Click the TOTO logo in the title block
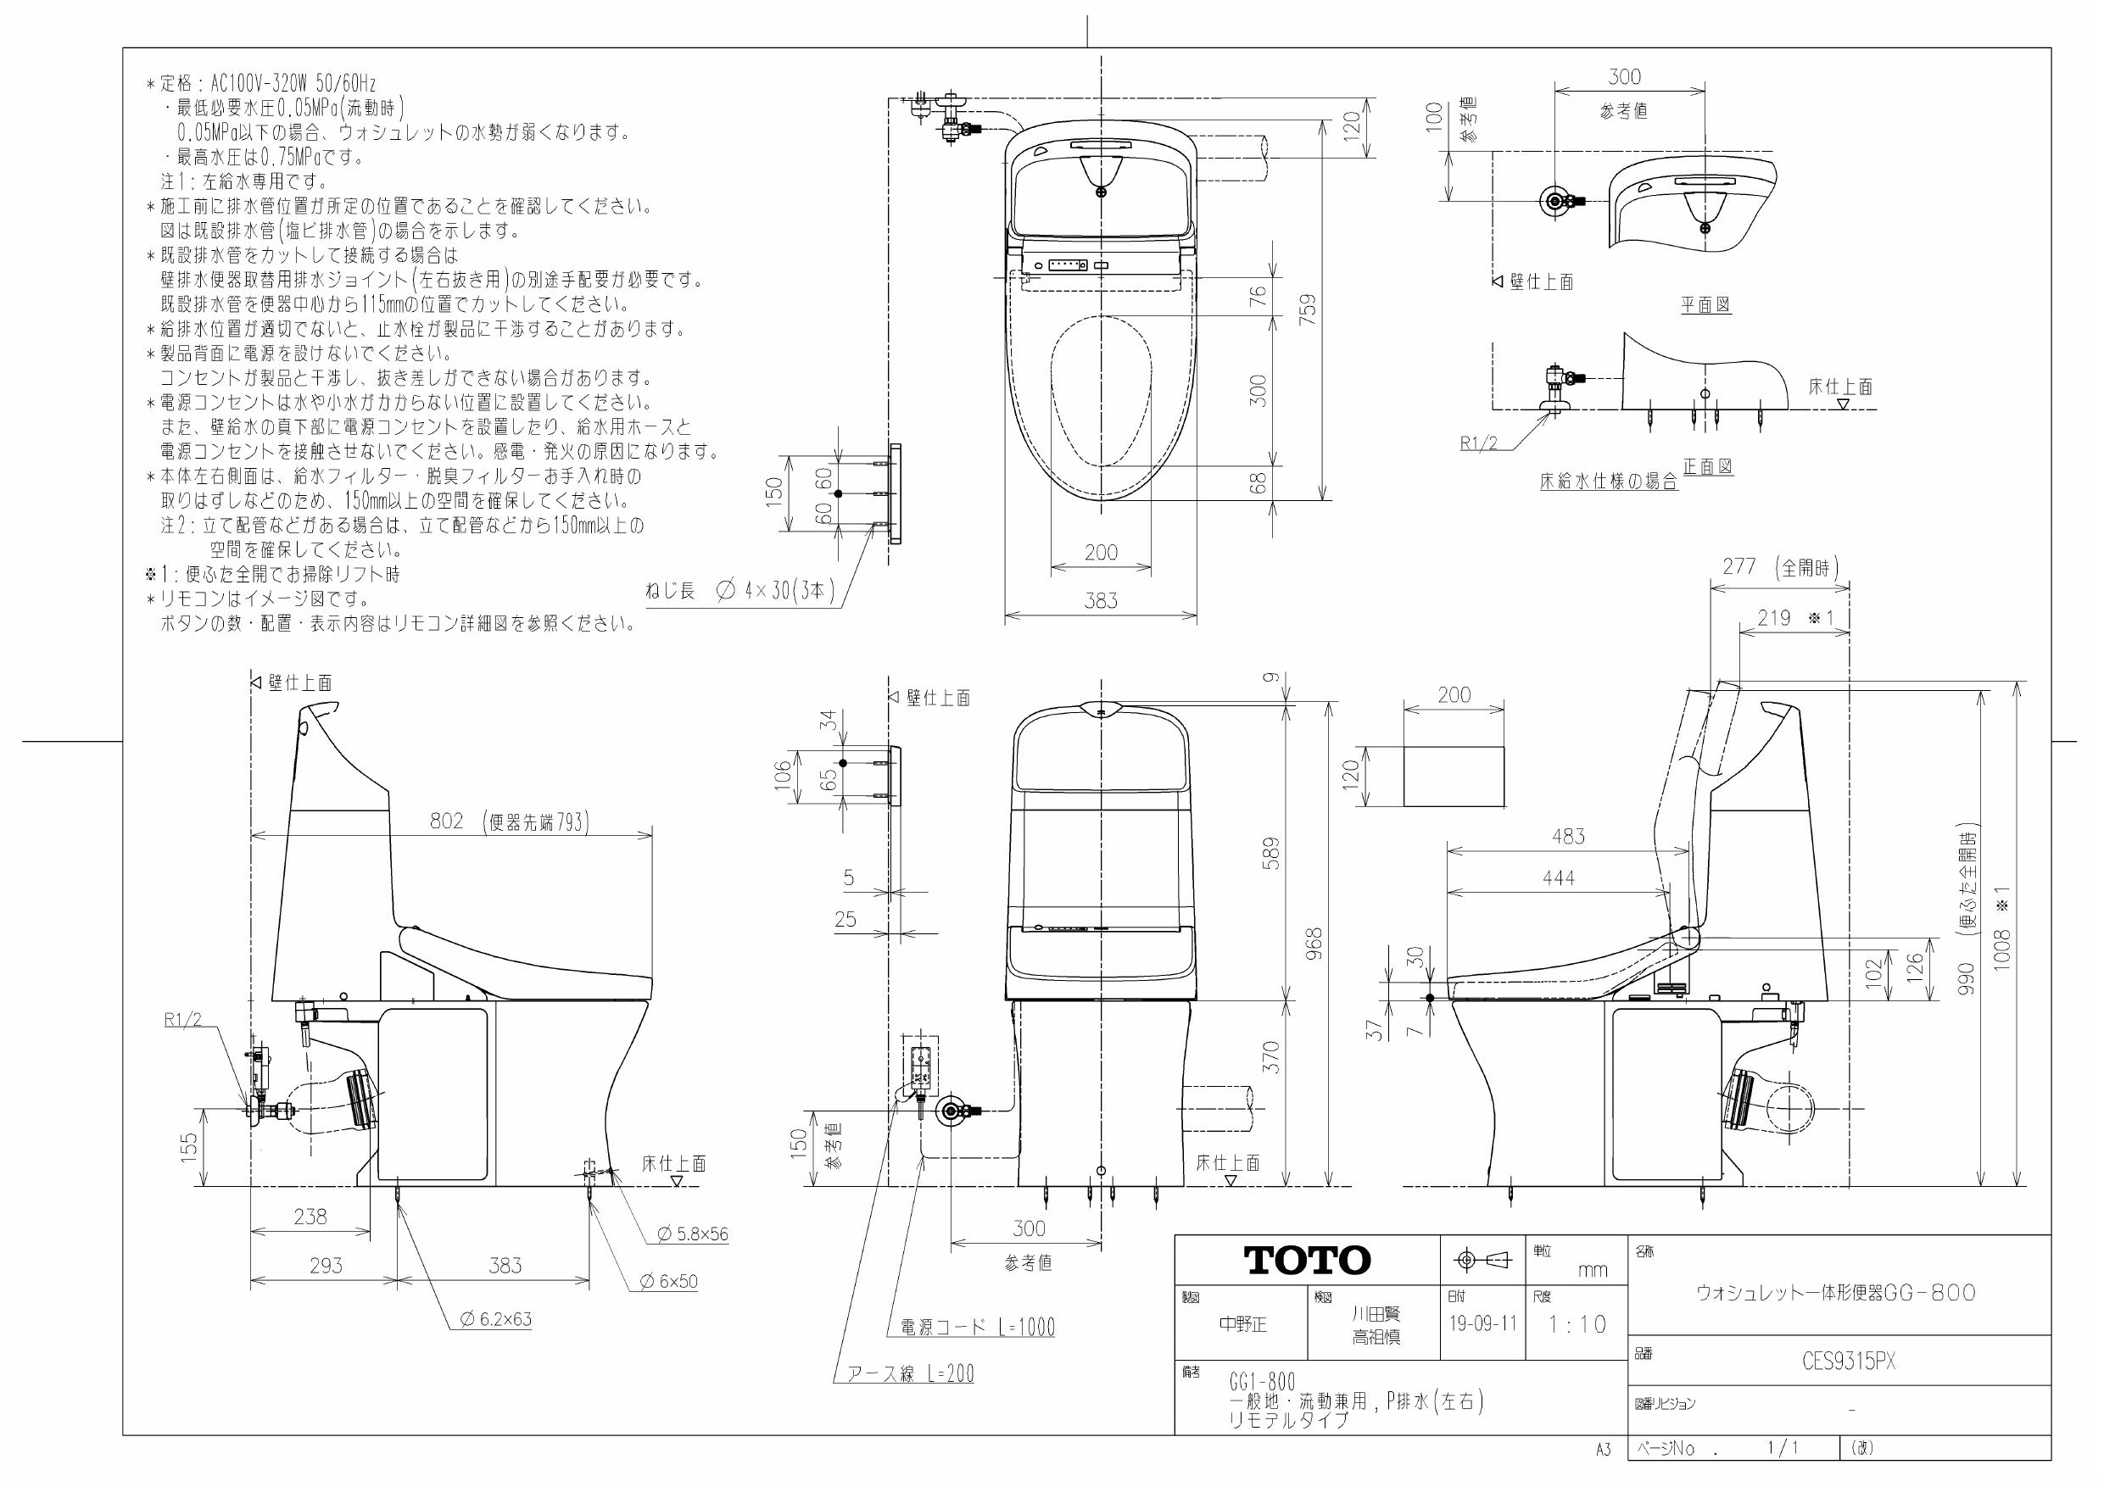click(1307, 1261)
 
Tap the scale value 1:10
click(1577, 1325)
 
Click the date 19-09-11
click(1482, 1324)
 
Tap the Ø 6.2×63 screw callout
click(496, 1319)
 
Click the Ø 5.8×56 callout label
click(693, 1234)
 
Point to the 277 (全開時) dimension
click(1778, 567)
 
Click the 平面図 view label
click(1705, 305)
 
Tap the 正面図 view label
click(1707, 467)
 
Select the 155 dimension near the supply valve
click(189, 1148)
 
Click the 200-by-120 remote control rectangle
click(1454, 776)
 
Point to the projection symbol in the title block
click(1482, 1261)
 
